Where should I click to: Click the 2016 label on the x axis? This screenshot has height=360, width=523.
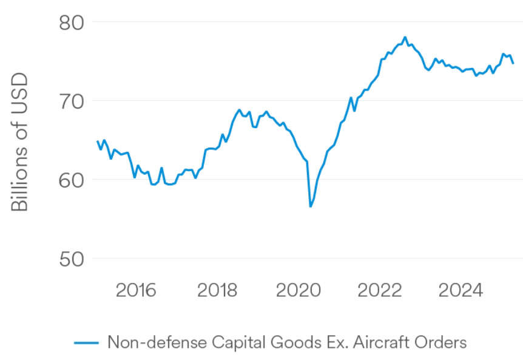136,290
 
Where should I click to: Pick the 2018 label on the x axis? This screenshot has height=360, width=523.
217,290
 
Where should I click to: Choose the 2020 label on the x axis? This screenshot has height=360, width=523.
298,290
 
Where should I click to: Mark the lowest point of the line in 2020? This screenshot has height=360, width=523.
311,206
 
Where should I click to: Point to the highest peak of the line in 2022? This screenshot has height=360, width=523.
405,37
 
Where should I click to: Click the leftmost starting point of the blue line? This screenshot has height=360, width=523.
98,141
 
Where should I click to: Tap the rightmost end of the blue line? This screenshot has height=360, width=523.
513,63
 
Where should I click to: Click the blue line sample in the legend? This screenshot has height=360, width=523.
86,343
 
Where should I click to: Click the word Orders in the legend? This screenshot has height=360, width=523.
443,342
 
